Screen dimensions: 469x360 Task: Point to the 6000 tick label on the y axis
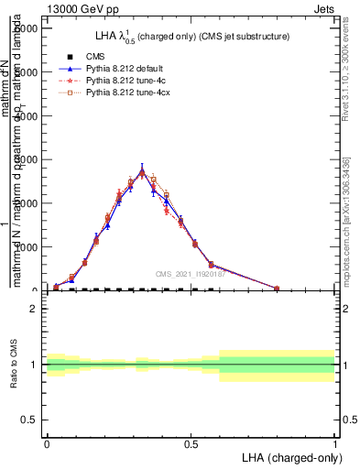click(25, 28)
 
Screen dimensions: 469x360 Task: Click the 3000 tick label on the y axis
click(25, 160)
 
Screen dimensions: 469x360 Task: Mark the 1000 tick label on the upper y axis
click(25, 247)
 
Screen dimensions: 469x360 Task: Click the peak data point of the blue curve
click(142, 169)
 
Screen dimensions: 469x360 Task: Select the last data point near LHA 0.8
click(277, 289)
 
